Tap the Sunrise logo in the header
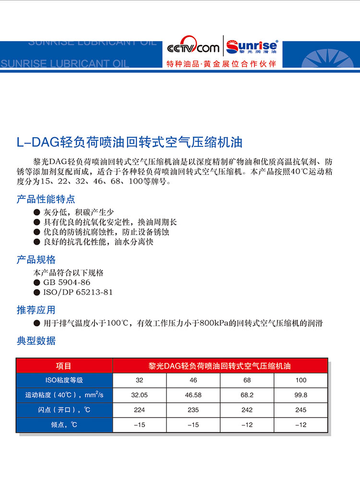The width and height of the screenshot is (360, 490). pos(252,46)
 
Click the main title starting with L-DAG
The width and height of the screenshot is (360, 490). pos(130,142)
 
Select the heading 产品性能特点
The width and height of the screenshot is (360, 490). pos(46,199)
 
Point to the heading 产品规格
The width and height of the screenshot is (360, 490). pos(36,260)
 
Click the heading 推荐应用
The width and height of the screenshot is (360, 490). pos(36,310)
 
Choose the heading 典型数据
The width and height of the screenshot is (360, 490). pos(36,341)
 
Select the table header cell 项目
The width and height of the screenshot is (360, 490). pos(64,366)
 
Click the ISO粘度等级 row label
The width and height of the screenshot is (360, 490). pos(64,380)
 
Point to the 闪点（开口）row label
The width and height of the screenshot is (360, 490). pos(64,410)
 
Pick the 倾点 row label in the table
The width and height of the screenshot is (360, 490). pos(64,425)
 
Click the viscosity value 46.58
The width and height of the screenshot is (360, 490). pos(193,395)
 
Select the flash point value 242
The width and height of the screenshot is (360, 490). pos(247,410)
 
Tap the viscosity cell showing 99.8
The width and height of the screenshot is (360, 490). pos(300,395)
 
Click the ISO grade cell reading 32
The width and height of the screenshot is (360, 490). pos(139,380)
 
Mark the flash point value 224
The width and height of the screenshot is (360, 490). pos(139,410)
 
